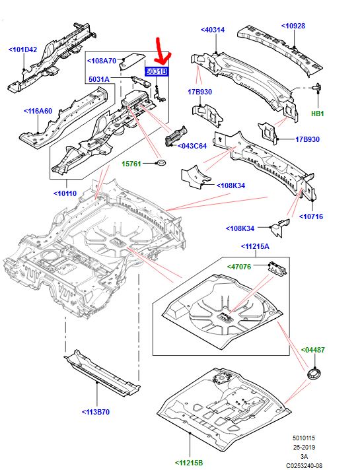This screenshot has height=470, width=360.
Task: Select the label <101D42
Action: coord(22,49)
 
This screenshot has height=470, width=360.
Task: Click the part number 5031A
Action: coord(100,79)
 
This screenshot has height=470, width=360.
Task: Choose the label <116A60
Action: coord(38,111)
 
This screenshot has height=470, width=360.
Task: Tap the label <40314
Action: coord(213,30)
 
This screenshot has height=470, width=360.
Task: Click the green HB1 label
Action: coord(318,114)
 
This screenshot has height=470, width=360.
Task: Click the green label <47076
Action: coord(242,266)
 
